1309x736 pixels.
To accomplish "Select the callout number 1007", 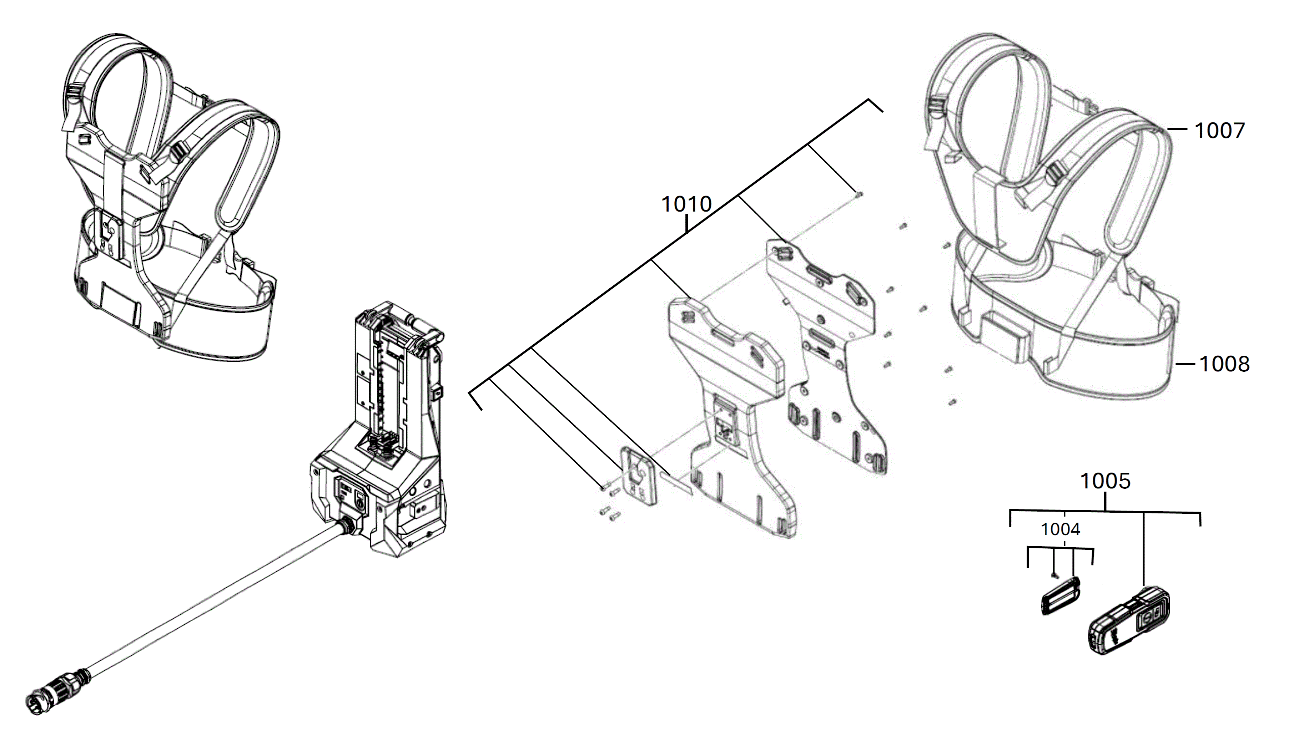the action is tap(1219, 131).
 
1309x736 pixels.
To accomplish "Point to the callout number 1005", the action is tap(1105, 481).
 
